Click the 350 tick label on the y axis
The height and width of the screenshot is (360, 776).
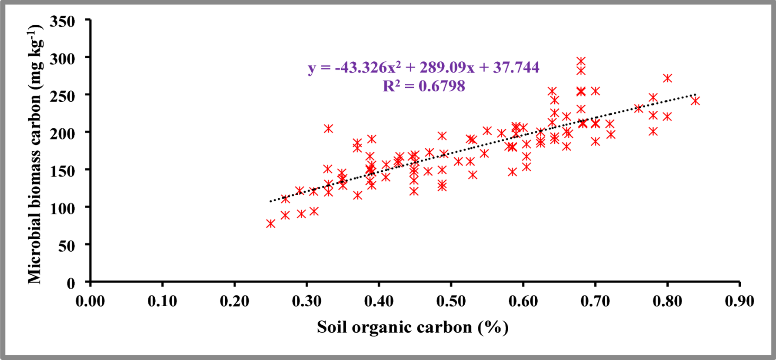pyautogui.click(x=62, y=22)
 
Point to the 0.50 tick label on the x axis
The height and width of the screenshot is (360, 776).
pyautogui.click(x=451, y=301)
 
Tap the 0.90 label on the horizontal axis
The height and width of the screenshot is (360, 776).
pyautogui.click(x=739, y=301)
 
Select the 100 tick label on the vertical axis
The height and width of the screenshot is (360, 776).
pyautogui.click(x=62, y=209)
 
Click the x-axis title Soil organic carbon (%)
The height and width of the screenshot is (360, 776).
pyautogui.click(x=413, y=327)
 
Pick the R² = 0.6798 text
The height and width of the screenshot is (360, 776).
pyautogui.click(x=424, y=86)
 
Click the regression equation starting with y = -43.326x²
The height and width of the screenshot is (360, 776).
pyautogui.click(x=424, y=67)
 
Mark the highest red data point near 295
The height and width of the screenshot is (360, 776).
pyautogui.click(x=581, y=61)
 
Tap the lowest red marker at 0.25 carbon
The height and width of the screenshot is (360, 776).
pyautogui.click(x=270, y=224)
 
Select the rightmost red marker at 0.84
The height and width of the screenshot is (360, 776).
pyautogui.click(x=695, y=101)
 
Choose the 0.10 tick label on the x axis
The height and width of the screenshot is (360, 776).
pyautogui.click(x=162, y=301)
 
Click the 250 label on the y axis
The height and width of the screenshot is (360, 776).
pyautogui.click(x=62, y=97)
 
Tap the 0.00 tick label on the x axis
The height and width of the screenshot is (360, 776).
pyautogui.click(x=90, y=301)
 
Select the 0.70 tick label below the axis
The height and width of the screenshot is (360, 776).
pyautogui.click(x=595, y=301)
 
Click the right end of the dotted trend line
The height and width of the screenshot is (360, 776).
pyautogui.click(x=696, y=94)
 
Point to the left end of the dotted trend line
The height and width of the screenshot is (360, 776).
pyautogui.click(x=270, y=201)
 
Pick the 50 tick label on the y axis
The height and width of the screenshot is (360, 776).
pyautogui.click(x=66, y=246)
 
